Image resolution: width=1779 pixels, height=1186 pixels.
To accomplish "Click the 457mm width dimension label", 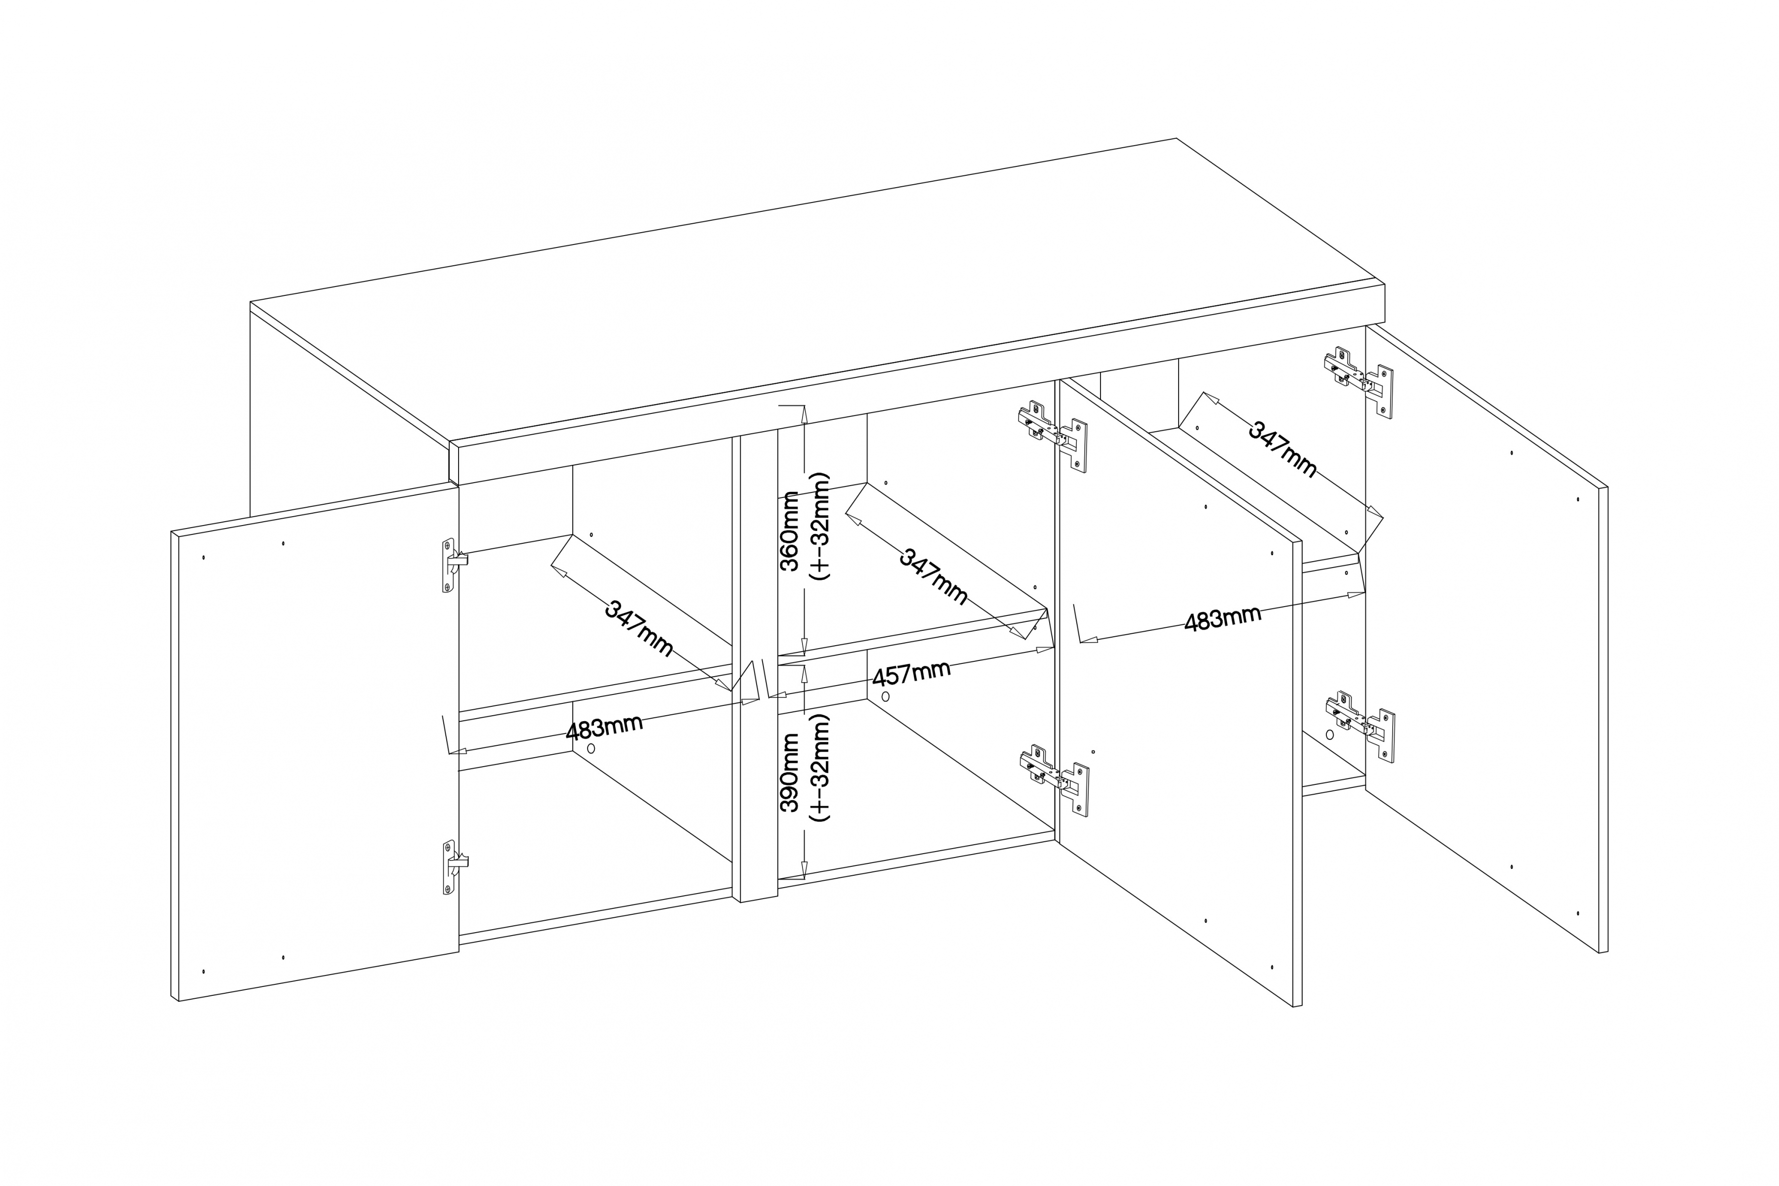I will [x=911, y=672].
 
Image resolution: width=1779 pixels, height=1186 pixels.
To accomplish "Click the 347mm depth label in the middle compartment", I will [x=933, y=575].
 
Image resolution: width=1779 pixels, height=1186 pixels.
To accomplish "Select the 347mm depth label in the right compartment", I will [x=1282, y=449].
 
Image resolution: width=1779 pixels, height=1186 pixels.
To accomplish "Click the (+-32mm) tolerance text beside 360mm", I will [x=819, y=527].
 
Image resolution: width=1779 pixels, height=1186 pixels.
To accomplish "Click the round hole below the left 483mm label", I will [x=592, y=747].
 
